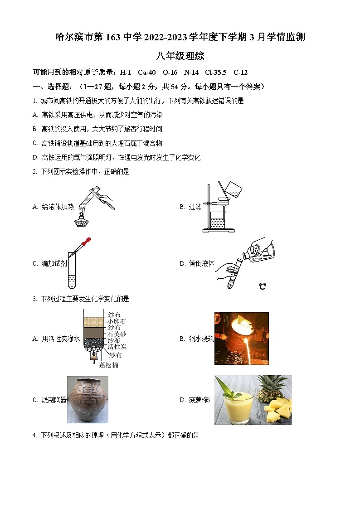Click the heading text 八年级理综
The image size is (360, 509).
(x=180, y=56)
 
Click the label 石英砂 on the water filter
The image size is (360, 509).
(x=117, y=334)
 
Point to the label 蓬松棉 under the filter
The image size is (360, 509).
(x=109, y=365)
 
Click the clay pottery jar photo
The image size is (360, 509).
(x=87, y=399)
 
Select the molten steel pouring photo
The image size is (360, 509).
(x=241, y=338)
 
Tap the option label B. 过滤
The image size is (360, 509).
(x=190, y=207)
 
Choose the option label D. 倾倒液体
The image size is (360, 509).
(x=197, y=264)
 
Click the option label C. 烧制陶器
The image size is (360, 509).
(x=49, y=400)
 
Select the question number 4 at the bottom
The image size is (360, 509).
(x=34, y=436)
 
